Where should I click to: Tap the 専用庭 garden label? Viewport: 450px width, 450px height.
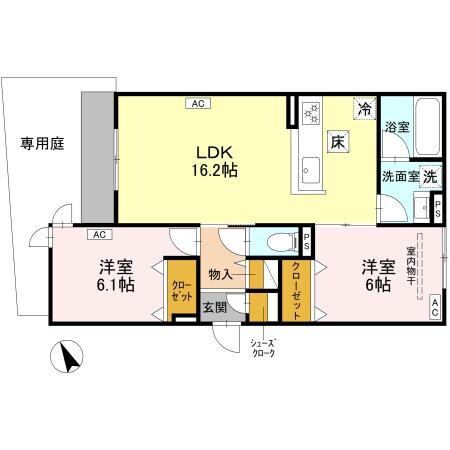[x=42, y=144]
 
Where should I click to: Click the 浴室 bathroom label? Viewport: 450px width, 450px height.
[x=397, y=127]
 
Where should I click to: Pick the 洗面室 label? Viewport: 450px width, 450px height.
[x=399, y=175]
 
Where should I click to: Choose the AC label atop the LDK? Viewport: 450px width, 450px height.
[x=197, y=102]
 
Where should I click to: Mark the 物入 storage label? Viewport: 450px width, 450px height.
[x=220, y=271]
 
